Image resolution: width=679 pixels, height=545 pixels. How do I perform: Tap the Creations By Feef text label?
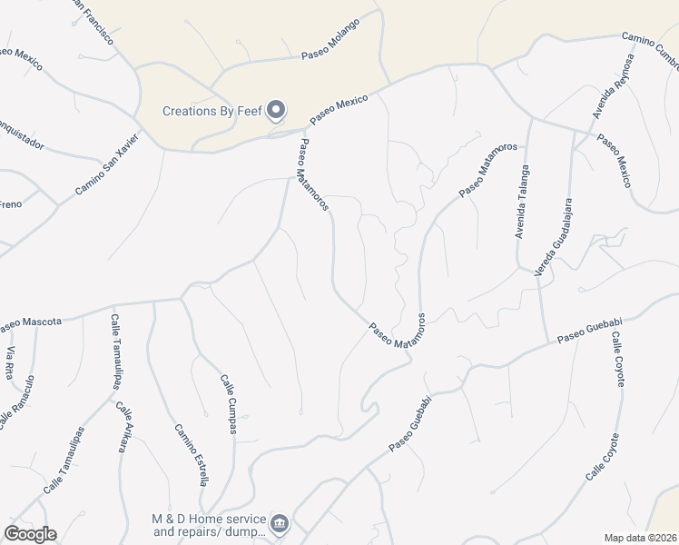click(212, 112)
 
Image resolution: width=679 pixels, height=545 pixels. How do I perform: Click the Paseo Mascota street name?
click(31, 322)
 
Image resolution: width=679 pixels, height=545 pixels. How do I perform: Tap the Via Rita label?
click(12, 363)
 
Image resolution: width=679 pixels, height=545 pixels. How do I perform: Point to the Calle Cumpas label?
click(229, 404)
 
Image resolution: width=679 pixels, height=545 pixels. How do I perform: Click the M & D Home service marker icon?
click(280, 524)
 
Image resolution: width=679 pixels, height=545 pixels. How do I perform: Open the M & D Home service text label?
click(208, 525)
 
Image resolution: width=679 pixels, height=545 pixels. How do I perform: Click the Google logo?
click(30, 534)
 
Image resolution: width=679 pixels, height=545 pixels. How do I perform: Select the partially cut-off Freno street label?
click(10, 204)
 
